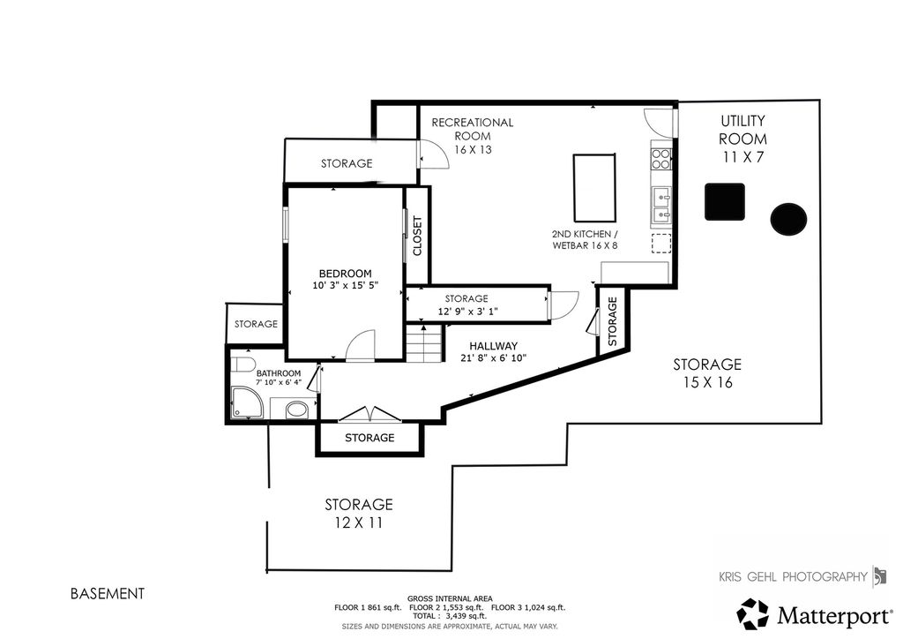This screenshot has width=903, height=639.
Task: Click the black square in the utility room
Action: click(x=725, y=201)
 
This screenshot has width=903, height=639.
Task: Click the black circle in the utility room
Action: click(x=788, y=219)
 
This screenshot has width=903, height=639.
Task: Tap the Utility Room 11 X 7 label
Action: click(x=743, y=139)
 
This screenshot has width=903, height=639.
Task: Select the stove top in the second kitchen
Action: click(x=661, y=159)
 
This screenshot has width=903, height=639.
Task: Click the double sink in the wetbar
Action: click(x=661, y=206)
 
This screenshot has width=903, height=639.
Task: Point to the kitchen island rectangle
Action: click(x=594, y=187)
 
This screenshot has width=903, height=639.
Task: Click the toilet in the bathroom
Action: click(x=244, y=365)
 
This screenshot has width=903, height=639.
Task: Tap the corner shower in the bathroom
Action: click(x=247, y=402)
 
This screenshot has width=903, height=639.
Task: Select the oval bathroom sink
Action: click(x=297, y=410)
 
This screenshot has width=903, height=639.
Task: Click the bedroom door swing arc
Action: click(x=361, y=345)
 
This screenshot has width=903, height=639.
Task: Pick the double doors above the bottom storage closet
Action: click(x=369, y=415)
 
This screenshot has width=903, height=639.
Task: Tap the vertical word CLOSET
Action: click(x=417, y=236)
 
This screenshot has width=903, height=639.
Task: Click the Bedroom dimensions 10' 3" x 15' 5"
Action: click(x=346, y=285)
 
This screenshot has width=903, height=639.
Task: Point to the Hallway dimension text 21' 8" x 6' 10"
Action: click(x=494, y=357)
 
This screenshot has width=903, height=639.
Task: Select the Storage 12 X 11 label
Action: click(x=359, y=514)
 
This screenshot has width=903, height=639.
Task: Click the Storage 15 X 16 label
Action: click(x=707, y=372)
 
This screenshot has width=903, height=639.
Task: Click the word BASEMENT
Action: click(x=107, y=593)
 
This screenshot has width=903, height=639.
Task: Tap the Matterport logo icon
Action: click(x=753, y=614)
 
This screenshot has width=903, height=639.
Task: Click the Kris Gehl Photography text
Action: click(x=793, y=576)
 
